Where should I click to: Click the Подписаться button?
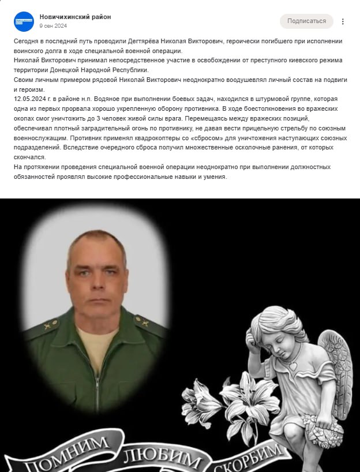click(x=306, y=21)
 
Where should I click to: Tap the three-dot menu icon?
click(x=343, y=21)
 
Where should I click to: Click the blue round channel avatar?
click(x=24, y=21)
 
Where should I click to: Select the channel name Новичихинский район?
click(x=75, y=17)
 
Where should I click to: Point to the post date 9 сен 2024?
click(x=53, y=26)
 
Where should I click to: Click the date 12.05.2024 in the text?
click(x=30, y=98)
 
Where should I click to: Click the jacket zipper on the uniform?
click(x=96, y=381)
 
